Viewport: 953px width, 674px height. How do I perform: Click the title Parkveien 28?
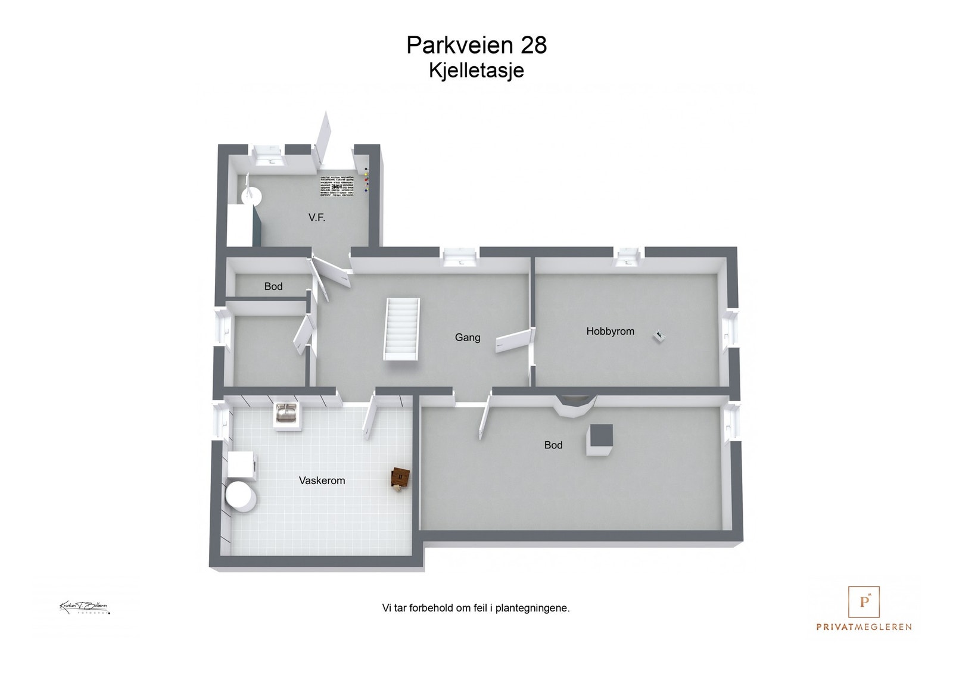click(x=476, y=45)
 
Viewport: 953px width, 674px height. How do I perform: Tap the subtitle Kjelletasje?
click(x=476, y=70)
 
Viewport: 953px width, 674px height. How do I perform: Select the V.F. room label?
click(x=317, y=218)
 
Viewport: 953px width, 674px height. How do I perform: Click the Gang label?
click(x=468, y=338)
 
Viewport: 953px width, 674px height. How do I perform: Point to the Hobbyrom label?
click(x=610, y=332)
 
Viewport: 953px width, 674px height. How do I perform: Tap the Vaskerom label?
click(x=322, y=480)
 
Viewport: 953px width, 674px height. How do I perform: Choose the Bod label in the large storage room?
click(x=553, y=445)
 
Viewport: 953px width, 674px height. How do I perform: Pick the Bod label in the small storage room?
click(x=273, y=286)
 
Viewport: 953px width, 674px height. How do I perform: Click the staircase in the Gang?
click(x=402, y=329)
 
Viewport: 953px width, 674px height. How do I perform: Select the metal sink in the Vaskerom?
click(x=286, y=413)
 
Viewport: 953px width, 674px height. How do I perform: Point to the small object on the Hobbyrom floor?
click(x=659, y=336)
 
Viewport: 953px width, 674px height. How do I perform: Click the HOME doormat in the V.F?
click(x=336, y=186)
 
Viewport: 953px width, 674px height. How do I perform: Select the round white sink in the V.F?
click(x=252, y=194)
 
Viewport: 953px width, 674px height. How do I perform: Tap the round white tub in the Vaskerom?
click(x=240, y=497)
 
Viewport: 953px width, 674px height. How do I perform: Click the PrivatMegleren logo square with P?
click(x=864, y=602)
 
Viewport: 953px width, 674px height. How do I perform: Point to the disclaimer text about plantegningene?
click(x=476, y=608)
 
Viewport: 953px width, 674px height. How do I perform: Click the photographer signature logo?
click(x=85, y=608)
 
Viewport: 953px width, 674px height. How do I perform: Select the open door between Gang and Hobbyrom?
click(x=513, y=341)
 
